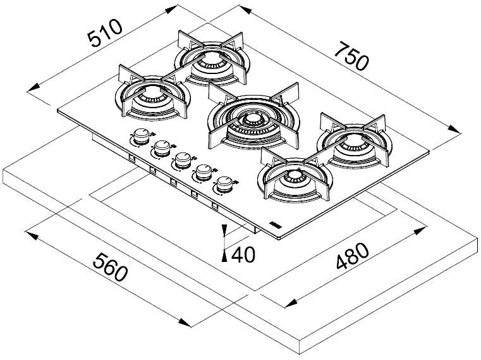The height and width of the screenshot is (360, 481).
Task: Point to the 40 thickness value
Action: (243, 254)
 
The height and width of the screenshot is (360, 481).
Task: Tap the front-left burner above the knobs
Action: (152, 99)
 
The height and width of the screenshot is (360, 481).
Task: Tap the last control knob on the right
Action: (222, 185)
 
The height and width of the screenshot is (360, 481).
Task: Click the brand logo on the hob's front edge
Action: (276, 225)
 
